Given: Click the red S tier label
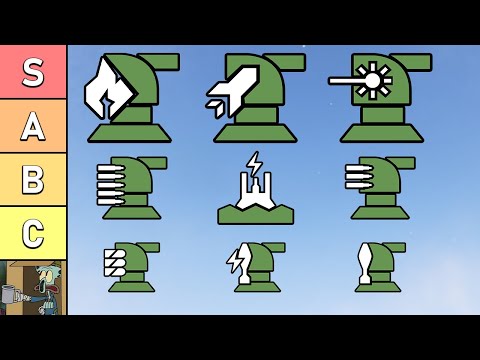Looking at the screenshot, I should (x=33, y=72).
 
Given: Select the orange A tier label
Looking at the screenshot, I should (x=33, y=126).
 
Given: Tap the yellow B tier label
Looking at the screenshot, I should (x=33, y=180).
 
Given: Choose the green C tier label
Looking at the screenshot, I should (x=33, y=233).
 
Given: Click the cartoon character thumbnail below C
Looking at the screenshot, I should (x=33, y=287).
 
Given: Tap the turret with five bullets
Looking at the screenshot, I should (x=130, y=187).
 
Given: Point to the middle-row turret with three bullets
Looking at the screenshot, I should (x=380, y=187).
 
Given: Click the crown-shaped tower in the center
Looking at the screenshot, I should (x=255, y=196).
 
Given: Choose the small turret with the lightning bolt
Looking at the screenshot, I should (x=256, y=266).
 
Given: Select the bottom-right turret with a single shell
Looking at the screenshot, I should (x=378, y=266).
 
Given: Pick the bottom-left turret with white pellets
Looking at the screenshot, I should (x=130, y=266).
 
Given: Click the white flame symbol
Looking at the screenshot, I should (x=109, y=90).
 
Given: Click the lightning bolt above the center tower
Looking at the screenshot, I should (x=254, y=163).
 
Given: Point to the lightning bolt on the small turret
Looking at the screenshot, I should (x=237, y=263).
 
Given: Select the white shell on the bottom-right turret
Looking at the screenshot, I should (x=364, y=264).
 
